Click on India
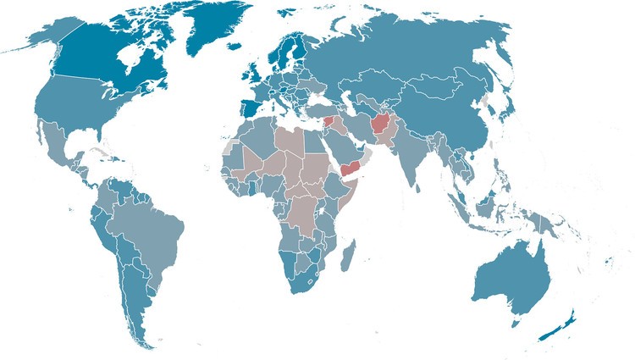point(411,157)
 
